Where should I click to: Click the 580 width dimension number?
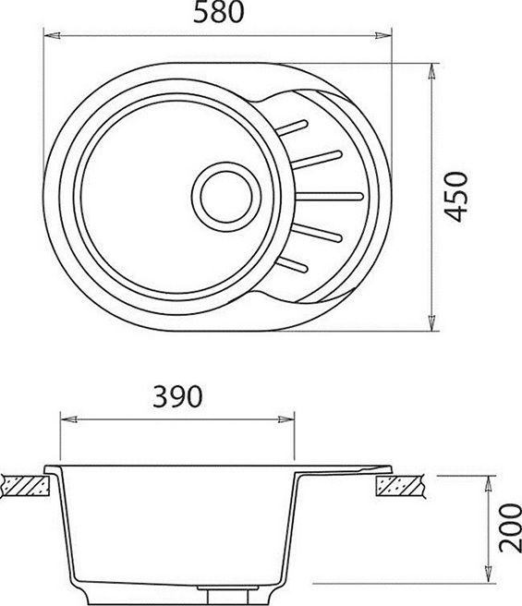pyautogui.click(x=219, y=14)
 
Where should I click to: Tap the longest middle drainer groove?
pyautogui.click(x=330, y=194)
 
